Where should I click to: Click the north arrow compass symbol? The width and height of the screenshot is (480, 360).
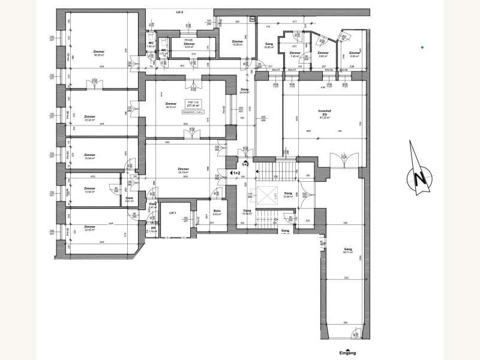pos(419,178)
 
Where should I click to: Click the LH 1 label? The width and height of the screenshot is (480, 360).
pos(172,213)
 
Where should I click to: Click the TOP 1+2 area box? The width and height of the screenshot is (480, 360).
pos(194,106)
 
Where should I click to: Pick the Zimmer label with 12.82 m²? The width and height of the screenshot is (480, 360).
pos(90,190)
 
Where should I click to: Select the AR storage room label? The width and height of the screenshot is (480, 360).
pos(153,229)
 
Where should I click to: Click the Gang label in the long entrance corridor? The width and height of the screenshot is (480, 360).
pos(347,251)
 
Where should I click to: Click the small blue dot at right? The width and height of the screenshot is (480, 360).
pos(422,47)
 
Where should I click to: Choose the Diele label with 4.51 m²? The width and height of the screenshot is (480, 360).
pos(129,199)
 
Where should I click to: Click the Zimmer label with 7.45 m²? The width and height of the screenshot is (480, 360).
pos(294,55)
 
